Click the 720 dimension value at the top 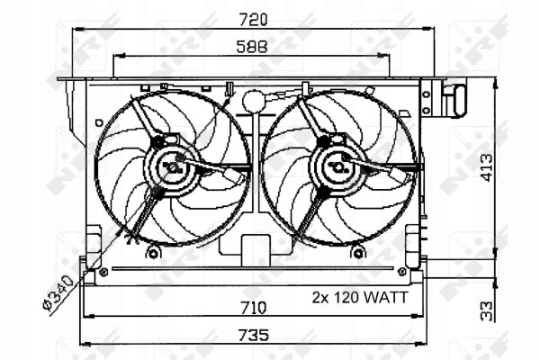[253, 20]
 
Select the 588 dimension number [252, 47]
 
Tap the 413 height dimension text [487, 167]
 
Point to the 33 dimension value [486, 311]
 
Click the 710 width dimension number [254, 308]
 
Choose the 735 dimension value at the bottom [254, 335]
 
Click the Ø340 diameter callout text [58, 292]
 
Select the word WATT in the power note [386, 297]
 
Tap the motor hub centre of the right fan [339, 167]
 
